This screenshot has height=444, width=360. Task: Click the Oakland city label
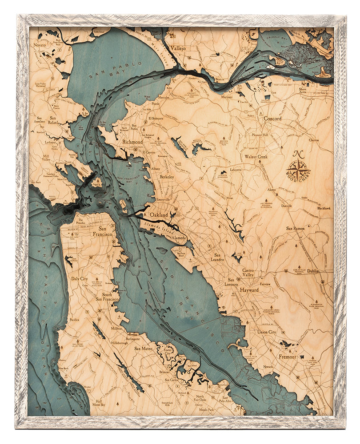159,215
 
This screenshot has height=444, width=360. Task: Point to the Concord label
272,119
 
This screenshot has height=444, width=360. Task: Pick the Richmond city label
132,143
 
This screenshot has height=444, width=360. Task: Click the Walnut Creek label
256,157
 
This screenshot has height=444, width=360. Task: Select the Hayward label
249,290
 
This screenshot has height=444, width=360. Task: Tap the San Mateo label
144,349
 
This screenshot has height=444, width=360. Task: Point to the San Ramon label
295,228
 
